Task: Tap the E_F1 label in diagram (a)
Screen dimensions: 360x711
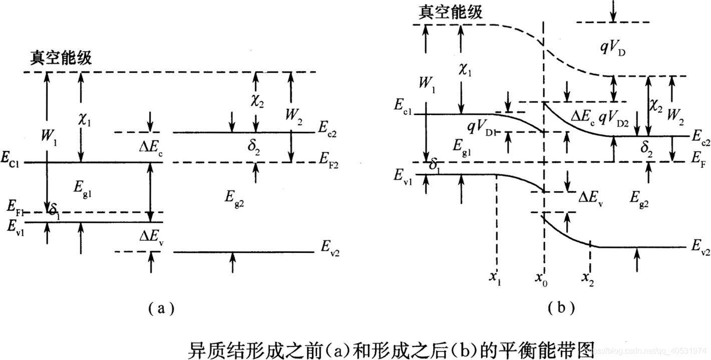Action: pyautogui.click(x=15, y=205)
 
